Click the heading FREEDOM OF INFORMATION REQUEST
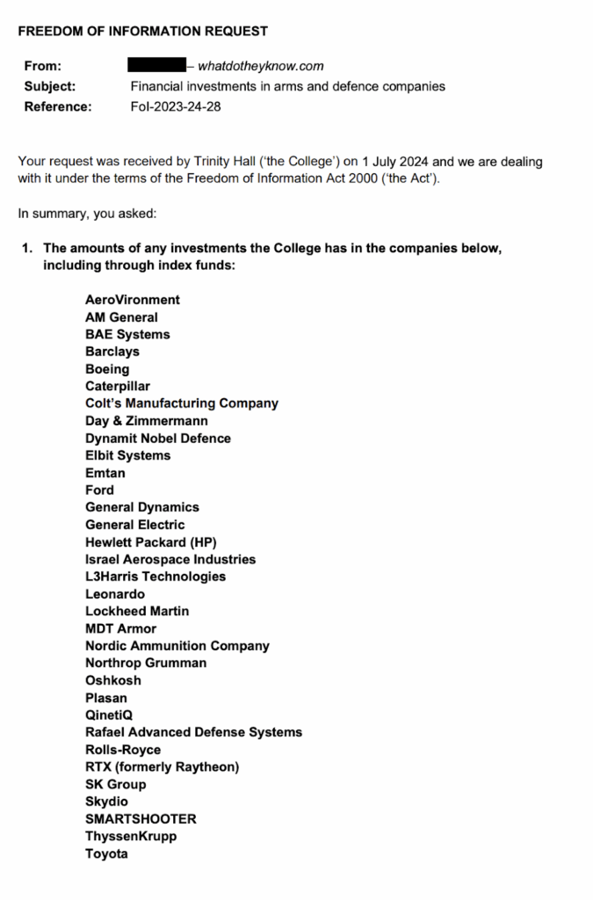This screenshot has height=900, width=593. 143,31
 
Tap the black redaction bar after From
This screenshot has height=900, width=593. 156,65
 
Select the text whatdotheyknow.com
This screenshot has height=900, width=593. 261,66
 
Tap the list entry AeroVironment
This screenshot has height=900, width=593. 133,300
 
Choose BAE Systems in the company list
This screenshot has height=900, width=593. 127,334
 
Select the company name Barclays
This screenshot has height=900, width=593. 112,352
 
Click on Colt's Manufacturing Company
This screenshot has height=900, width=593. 182,403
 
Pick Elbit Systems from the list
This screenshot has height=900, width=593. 128,455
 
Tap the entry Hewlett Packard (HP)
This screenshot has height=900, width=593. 151,542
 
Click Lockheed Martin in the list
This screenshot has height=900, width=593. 137,611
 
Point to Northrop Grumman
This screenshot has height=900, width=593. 146,663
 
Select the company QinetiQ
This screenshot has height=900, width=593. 110,715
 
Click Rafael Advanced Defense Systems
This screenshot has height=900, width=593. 193,732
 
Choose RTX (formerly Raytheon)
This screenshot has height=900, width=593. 163,766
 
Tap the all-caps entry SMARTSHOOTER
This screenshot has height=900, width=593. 141,818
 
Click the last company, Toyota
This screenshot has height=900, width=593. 106,853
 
